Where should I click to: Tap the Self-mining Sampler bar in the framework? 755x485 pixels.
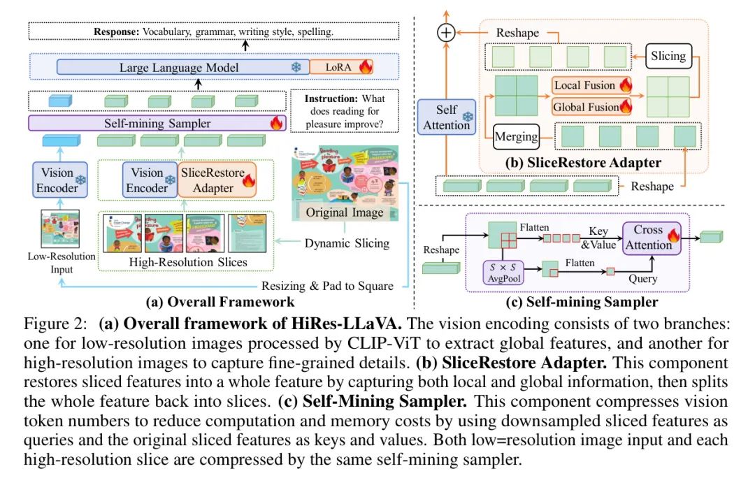point(157,124)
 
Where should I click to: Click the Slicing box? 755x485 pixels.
point(668,55)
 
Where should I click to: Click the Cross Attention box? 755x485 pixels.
point(648,237)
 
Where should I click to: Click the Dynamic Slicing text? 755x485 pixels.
point(347,243)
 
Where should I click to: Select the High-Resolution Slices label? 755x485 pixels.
point(189,263)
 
